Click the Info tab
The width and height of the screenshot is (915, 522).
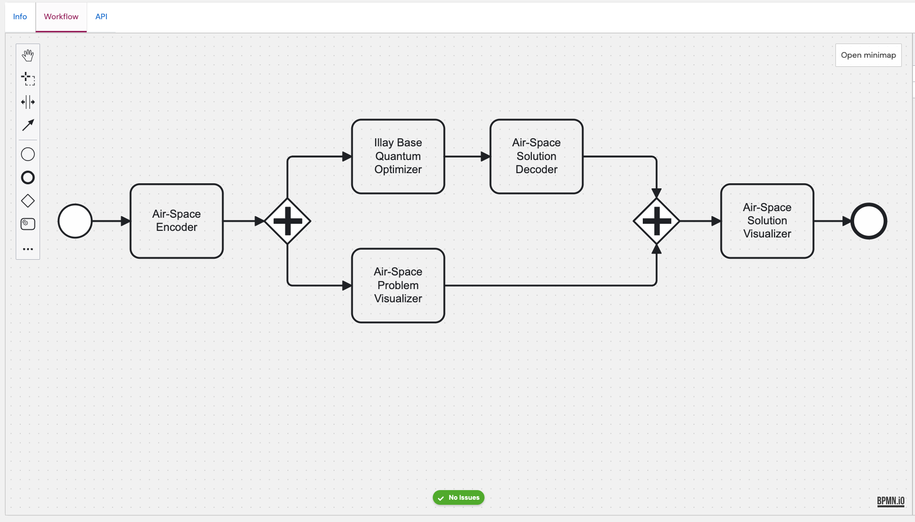pos(20,17)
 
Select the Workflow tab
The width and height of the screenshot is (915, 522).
pos(61,17)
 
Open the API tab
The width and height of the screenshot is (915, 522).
pos(101,17)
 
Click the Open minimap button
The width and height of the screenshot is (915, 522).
pos(868,55)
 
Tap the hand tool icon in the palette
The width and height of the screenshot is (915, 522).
pos(28,55)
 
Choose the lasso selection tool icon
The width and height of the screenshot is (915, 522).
pos(28,78)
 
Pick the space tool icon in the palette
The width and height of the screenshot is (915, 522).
pos(28,102)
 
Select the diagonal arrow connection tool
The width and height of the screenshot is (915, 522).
pos(28,125)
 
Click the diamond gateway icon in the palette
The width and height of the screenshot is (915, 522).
pos(28,201)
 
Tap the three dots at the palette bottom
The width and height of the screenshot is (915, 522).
pos(28,249)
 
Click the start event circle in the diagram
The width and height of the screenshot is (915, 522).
pos(75,221)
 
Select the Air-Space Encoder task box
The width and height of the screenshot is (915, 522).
pos(176,221)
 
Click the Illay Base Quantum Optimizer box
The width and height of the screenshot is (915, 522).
pos(398,156)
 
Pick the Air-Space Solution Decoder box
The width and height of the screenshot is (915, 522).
pos(536,156)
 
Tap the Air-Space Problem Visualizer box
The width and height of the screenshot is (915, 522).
pos(398,286)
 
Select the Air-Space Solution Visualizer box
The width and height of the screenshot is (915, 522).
pos(767,221)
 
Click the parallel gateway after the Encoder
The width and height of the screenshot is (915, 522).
pos(287,221)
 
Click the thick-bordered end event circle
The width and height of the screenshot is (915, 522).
pos(868,221)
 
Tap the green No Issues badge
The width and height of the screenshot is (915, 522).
pos(458,498)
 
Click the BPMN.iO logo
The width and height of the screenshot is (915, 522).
pos(891,501)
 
